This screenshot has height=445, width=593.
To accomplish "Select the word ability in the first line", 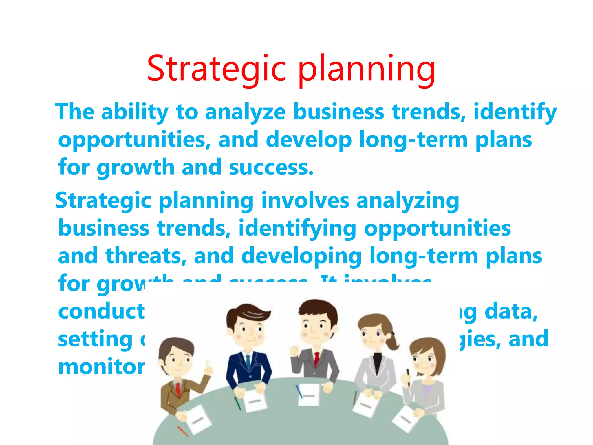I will [x=135, y=112].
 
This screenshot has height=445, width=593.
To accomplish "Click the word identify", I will [x=515, y=112].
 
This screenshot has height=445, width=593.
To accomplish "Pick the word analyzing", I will [x=408, y=201].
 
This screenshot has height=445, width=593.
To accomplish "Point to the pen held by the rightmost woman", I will [x=409, y=377].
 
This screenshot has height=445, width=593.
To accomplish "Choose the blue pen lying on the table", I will [x=299, y=391].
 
